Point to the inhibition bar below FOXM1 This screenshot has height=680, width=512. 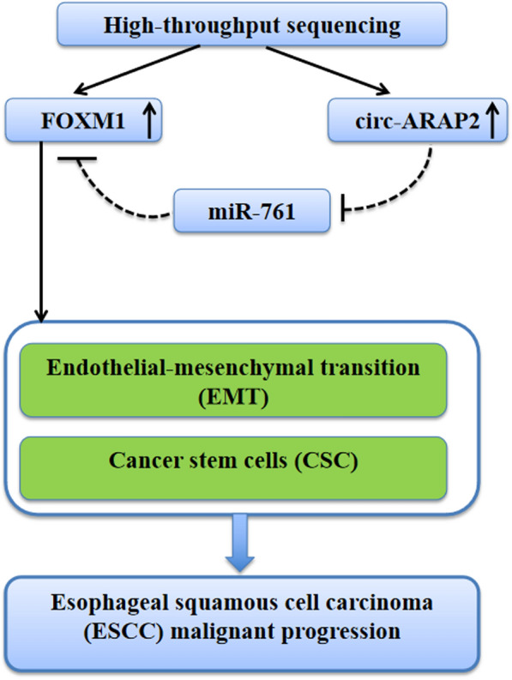pyautogui.click(x=76, y=158)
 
